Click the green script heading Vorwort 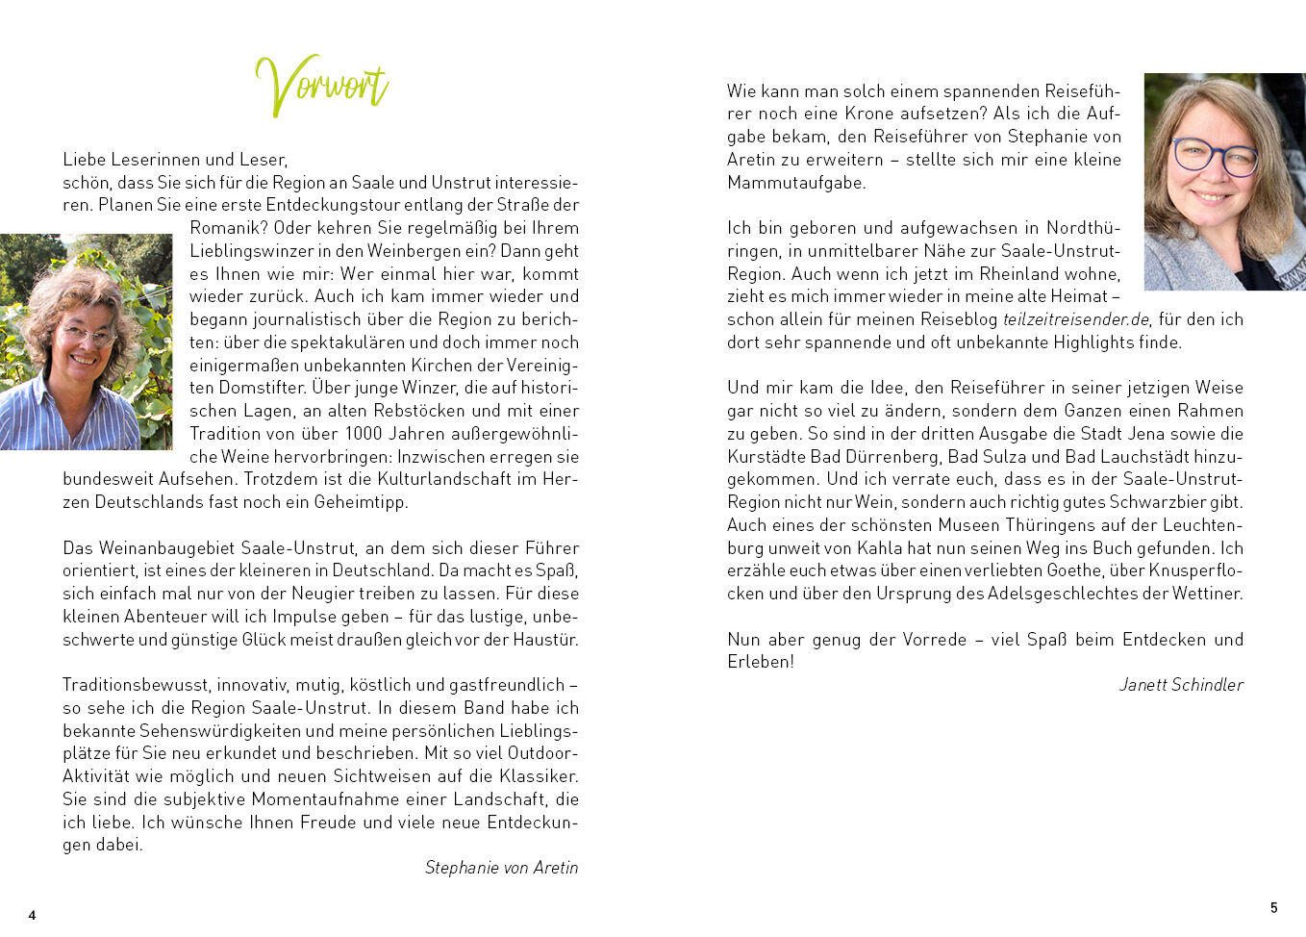[x=321, y=86]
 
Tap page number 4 [x=32, y=915]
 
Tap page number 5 [x=1274, y=907]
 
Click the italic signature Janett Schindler [x=1181, y=685]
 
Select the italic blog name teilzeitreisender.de [x=1076, y=319]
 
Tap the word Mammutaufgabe [x=796, y=183]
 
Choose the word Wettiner [x=1208, y=594]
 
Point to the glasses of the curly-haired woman [x=88, y=335]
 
